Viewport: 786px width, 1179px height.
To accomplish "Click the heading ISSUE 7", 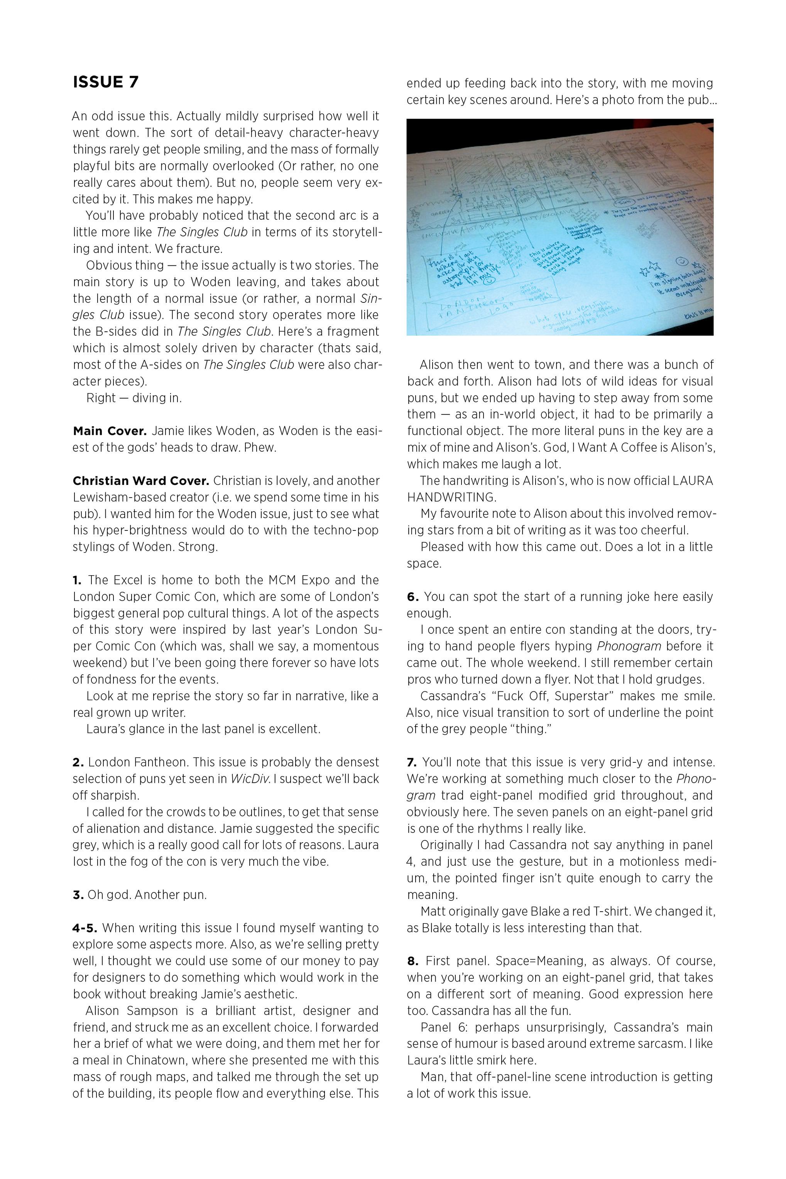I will coord(105,82).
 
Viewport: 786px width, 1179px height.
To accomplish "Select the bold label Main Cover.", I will coord(109,431).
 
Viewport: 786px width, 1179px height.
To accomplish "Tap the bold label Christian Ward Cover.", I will coord(140,481).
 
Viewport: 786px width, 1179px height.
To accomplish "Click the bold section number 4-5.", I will coord(84,928).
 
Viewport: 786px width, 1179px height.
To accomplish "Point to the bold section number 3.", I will coord(78,895).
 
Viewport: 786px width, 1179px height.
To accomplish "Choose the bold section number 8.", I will coord(412,961).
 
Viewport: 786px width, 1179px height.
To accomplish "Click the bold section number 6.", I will coord(412,597).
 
